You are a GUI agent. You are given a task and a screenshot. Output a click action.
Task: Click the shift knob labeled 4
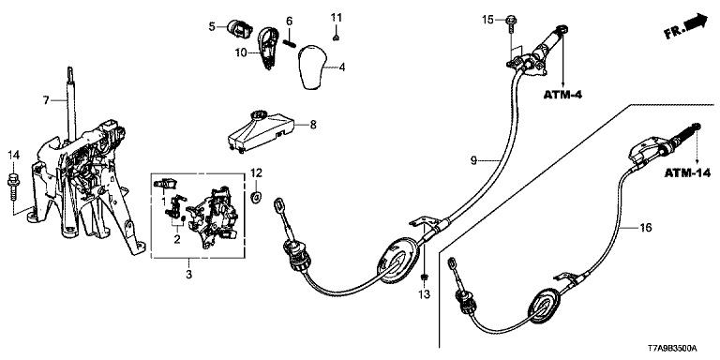click(312, 67)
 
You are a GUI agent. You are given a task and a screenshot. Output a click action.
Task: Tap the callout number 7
click(46, 99)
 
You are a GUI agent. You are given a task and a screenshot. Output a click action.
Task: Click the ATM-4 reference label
click(562, 95)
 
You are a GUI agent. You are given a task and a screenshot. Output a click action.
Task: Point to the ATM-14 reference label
click(687, 173)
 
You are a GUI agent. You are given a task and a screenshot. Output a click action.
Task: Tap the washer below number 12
click(256, 197)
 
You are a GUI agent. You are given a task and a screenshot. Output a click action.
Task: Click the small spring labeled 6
click(289, 42)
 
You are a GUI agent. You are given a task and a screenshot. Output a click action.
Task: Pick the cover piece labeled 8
click(260, 130)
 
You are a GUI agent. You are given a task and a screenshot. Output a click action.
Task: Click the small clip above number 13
click(425, 277)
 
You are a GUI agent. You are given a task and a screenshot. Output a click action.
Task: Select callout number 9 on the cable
click(474, 160)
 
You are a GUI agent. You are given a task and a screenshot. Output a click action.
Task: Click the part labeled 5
click(240, 29)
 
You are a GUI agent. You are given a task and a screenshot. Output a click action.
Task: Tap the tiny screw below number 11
click(337, 37)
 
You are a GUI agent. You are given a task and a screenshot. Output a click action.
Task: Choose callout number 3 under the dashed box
click(188, 275)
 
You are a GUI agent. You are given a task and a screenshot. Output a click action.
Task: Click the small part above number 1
click(165, 184)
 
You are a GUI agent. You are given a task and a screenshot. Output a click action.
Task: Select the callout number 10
click(241, 52)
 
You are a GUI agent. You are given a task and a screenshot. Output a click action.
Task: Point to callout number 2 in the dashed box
click(177, 239)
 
